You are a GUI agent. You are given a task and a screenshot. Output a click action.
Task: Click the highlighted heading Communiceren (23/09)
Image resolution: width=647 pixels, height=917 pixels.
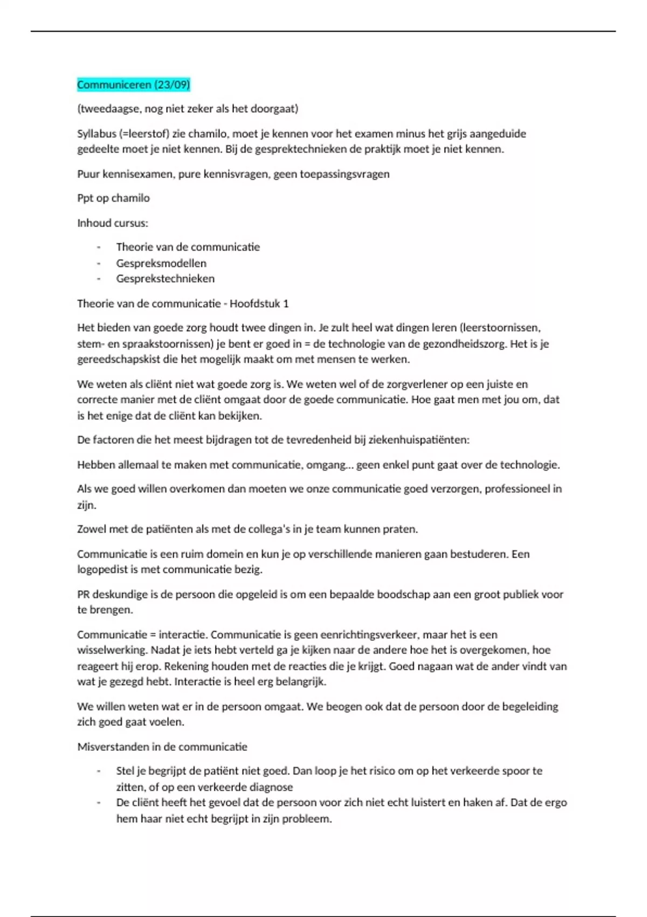pyautogui.click(x=133, y=85)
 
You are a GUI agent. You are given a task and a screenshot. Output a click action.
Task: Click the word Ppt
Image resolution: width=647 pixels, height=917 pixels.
pyautogui.click(x=85, y=198)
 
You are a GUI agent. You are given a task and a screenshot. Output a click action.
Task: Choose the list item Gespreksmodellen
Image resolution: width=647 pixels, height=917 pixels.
pyautogui.click(x=161, y=263)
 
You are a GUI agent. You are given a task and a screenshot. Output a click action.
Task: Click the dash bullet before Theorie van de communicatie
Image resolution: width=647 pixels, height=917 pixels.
pyautogui.click(x=99, y=247)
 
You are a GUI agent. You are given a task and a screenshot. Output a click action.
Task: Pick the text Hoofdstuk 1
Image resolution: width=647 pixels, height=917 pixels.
pyautogui.click(x=259, y=304)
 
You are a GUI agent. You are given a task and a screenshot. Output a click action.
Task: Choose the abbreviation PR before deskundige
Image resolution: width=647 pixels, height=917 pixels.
pyautogui.click(x=83, y=594)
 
